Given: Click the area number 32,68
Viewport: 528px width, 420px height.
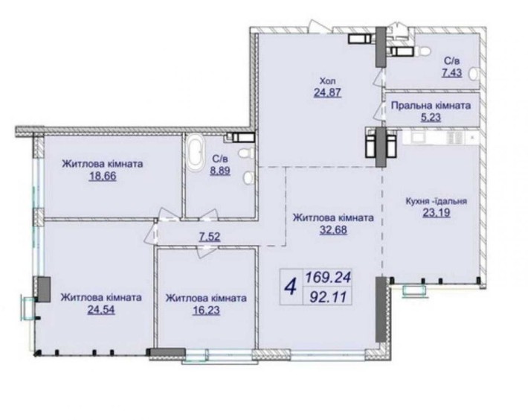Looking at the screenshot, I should (332, 231).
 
